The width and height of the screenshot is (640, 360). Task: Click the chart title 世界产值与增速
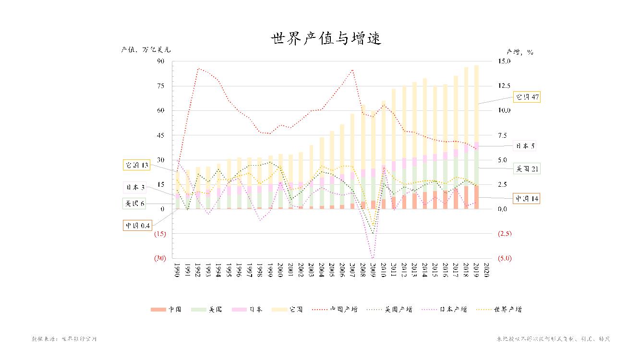pos(326,39)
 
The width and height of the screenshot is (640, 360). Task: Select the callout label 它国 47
pos(527,97)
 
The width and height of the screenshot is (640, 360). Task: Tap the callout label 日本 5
pos(525,146)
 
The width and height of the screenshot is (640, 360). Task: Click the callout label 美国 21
pos(527,169)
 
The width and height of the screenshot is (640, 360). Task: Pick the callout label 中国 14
pos(527,198)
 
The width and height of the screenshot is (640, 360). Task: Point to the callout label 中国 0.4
pos(138,225)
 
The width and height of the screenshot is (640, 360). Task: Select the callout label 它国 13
pos(137,165)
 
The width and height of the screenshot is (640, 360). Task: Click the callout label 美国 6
pos(135,204)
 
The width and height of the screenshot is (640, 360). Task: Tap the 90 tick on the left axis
pos(160,61)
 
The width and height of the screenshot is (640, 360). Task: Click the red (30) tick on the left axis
pos(160,258)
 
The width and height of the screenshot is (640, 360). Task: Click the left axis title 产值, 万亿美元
pos(145,49)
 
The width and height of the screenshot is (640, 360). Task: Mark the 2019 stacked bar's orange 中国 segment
pos(476,197)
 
